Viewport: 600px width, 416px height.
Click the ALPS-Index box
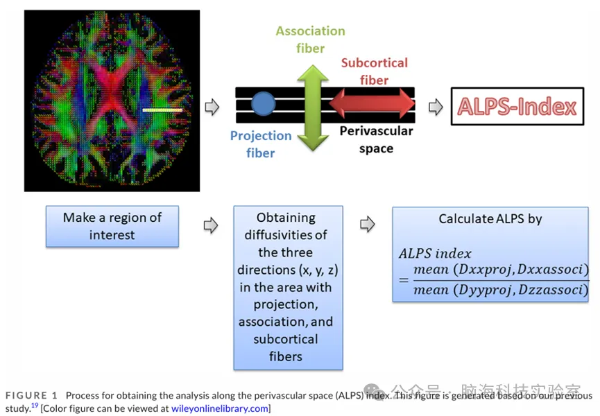pyautogui.click(x=517, y=106)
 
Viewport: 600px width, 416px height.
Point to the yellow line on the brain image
pyautogui.click(x=162, y=110)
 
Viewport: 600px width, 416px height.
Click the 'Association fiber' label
pyautogui.click(x=310, y=40)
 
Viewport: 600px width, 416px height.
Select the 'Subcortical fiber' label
pyautogui.click(x=374, y=71)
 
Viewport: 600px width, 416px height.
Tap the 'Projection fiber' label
pyautogui.click(x=261, y=144)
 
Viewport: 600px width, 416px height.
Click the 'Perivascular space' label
pyautogui.click(x=377, y=139)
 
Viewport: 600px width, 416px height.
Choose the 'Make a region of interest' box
pyautogui.click(x=112, y=226)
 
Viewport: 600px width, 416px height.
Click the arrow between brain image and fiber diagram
pyautogui.click(x=212, y=107)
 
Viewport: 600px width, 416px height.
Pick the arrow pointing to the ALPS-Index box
pyautogui.click(x=436, y=107)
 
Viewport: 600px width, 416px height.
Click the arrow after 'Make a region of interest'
pyautogui.click(x=210, y=226)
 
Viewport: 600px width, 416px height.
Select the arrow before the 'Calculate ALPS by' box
pyautogui.click(x=368, y=224)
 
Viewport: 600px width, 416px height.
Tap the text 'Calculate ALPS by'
pyautogui.click(x=490, y=218)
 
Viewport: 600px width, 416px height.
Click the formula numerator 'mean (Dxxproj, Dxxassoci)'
pyautogui.click(x=500, y=269)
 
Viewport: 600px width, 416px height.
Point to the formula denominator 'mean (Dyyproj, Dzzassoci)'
pyautogui.click(x=500, y=290)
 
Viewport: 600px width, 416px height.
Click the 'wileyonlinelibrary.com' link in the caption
pyautogui.click(x=219, y=408)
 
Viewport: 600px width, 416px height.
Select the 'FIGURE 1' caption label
pyautogui.click(x=31, y=396)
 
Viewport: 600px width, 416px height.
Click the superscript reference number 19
pyautogui.click(x=34, y=406)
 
